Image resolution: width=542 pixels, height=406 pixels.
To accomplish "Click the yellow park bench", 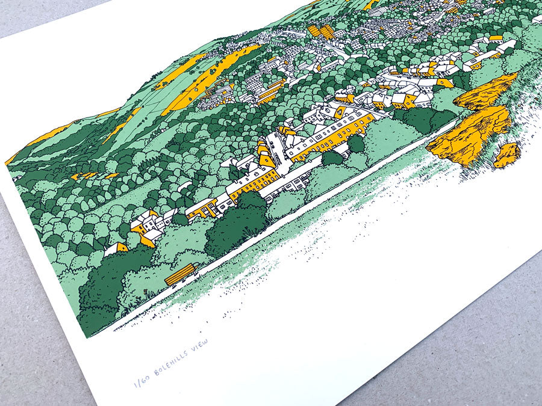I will click(181, 274).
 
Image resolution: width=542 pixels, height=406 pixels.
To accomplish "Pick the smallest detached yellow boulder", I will click(507, 155).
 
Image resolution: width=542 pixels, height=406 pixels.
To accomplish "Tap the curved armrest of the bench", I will click(194, 269).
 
